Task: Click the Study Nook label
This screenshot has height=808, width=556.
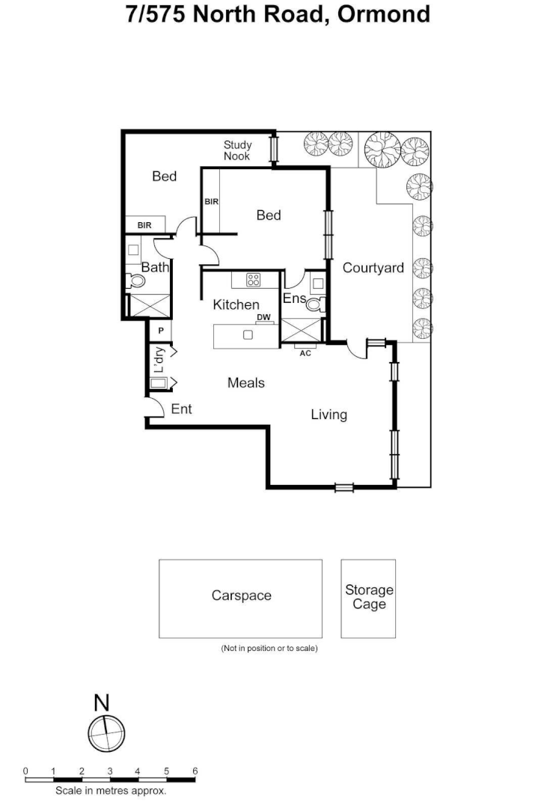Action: click(237, 150)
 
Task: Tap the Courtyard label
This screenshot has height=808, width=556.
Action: click(373, 268)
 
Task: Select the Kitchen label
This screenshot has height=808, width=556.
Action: click(236, 304)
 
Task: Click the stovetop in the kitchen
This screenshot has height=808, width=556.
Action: click(253, 281)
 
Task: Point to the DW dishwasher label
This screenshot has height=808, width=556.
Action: click(263, 318)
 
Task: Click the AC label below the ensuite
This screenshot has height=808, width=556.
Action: click(305, 353)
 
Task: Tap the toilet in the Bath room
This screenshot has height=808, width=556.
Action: click(136, 281)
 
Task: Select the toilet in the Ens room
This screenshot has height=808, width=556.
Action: click(314, 304)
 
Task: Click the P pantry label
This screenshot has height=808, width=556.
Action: click(160, 330)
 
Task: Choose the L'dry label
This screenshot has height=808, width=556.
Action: click(159, 361)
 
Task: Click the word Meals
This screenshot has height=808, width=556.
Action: click(246, 383)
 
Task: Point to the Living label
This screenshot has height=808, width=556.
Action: click(329, 414)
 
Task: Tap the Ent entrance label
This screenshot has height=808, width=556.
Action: click(182, 408)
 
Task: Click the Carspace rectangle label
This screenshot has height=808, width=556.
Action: click(241, 596)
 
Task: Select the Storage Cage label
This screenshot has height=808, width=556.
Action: click(369, 597)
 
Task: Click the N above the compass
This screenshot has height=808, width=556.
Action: click(102, 703)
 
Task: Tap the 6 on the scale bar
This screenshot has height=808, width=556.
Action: click(195, 771)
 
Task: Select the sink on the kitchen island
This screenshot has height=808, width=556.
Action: click(248, 334)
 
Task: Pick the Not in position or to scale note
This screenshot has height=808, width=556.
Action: click(269, 648)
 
